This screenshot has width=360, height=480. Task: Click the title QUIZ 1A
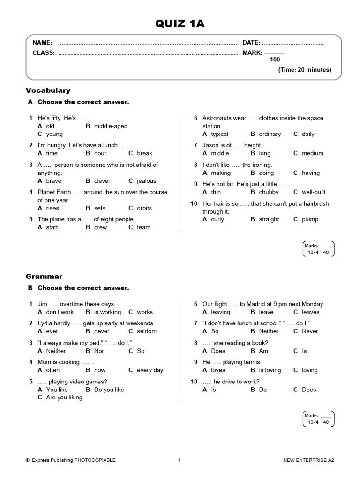tap(180, 23)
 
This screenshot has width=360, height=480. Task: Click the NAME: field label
tap(42, 43)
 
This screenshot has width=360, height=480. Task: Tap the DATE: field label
tap(251, 43)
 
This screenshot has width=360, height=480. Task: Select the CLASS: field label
tap(44, 53)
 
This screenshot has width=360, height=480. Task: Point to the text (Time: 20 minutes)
tap(305, 70)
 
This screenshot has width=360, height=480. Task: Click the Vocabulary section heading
tap(48, 90)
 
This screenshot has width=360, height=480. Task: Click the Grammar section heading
tap(44, 277)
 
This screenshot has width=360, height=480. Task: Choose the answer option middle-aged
tap(111, 126)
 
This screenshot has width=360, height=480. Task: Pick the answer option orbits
tap(144, 208)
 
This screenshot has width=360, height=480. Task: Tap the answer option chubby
tap(269, 192)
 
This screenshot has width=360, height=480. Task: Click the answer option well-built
tap(314, 192)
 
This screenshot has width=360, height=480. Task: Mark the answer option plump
tap(310, 219)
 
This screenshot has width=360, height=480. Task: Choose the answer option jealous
tap(146, 181)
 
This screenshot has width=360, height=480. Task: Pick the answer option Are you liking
tap(64, 397)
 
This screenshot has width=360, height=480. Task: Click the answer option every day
tap(150, 370)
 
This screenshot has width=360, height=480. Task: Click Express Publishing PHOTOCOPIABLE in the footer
tap(74, 460)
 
